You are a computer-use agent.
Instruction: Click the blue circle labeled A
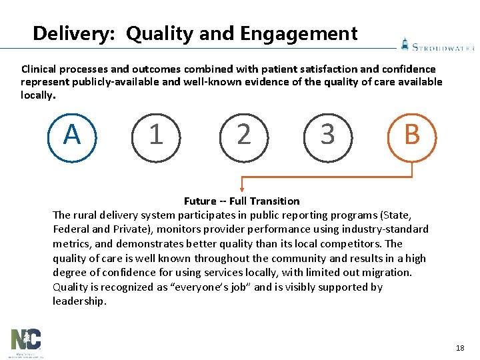click(73, 137)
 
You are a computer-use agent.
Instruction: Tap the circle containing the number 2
click(243, 137)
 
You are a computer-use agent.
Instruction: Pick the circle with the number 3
click(327, 137)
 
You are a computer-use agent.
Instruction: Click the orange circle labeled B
click(412, 137)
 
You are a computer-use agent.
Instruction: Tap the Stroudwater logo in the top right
click(437, 45)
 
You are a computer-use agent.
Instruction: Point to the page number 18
click(459, 348)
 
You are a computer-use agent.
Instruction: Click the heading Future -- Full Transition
click(241, 201)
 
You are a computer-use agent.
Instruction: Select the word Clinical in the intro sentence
click(40, 69)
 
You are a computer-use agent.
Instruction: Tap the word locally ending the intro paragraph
click(37, 95)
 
